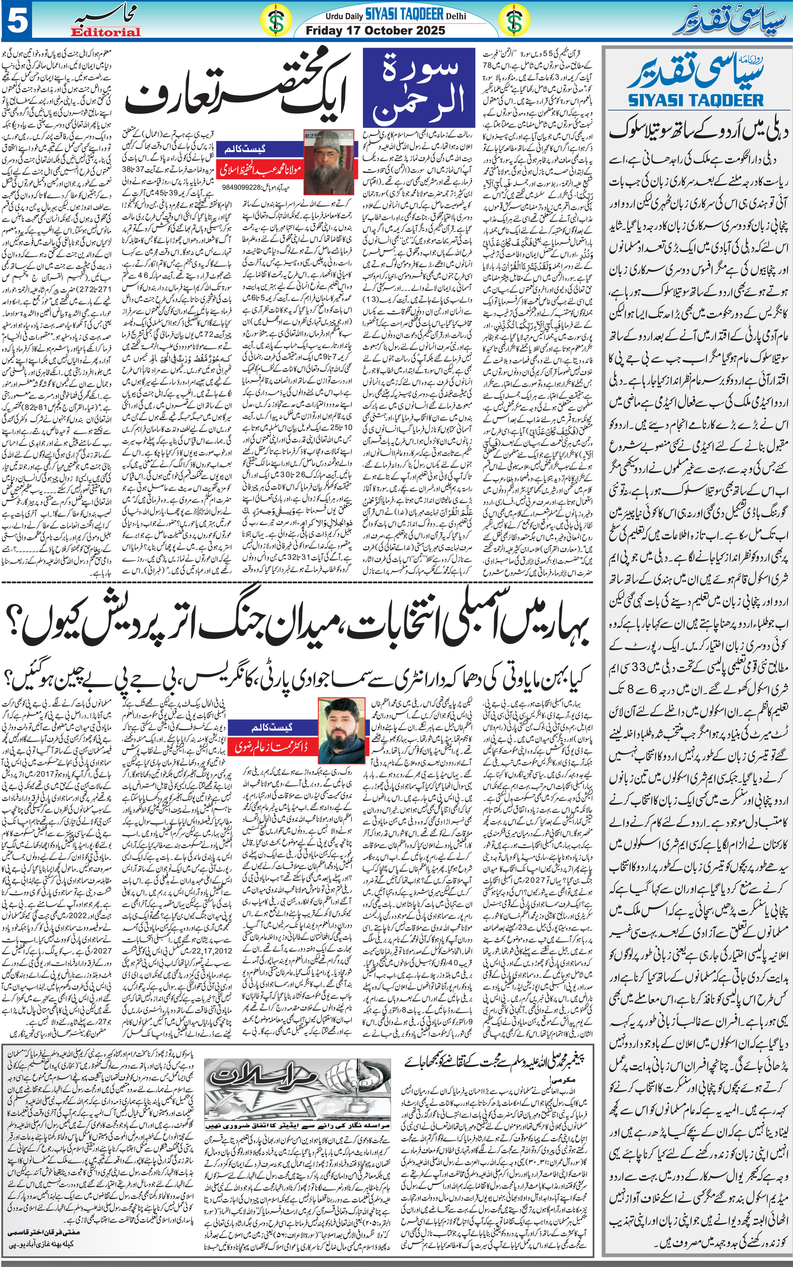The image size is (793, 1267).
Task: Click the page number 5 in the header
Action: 17,21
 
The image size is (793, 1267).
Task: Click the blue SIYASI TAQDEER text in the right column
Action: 696,100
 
